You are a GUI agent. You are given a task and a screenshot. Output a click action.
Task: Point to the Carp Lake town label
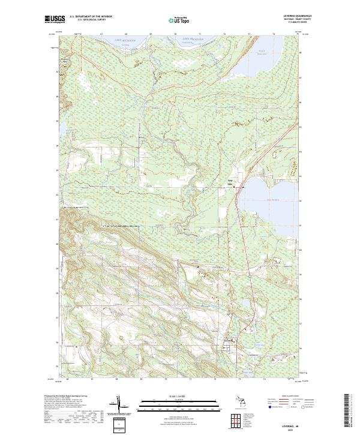tap(229, 179)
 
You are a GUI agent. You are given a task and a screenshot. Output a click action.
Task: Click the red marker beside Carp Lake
tap(235, 187)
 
